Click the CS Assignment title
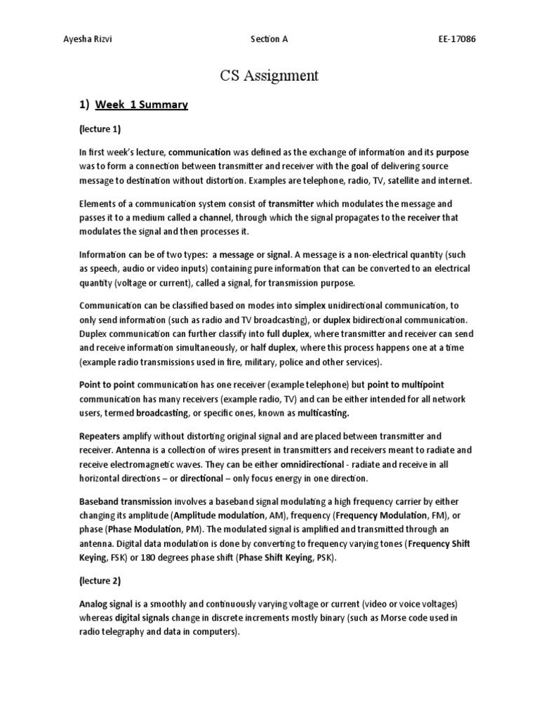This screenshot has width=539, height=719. (x=269, y=75)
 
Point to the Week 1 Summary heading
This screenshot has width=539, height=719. (x=142, y=105)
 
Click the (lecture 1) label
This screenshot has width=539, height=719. (x=100, y=129)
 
